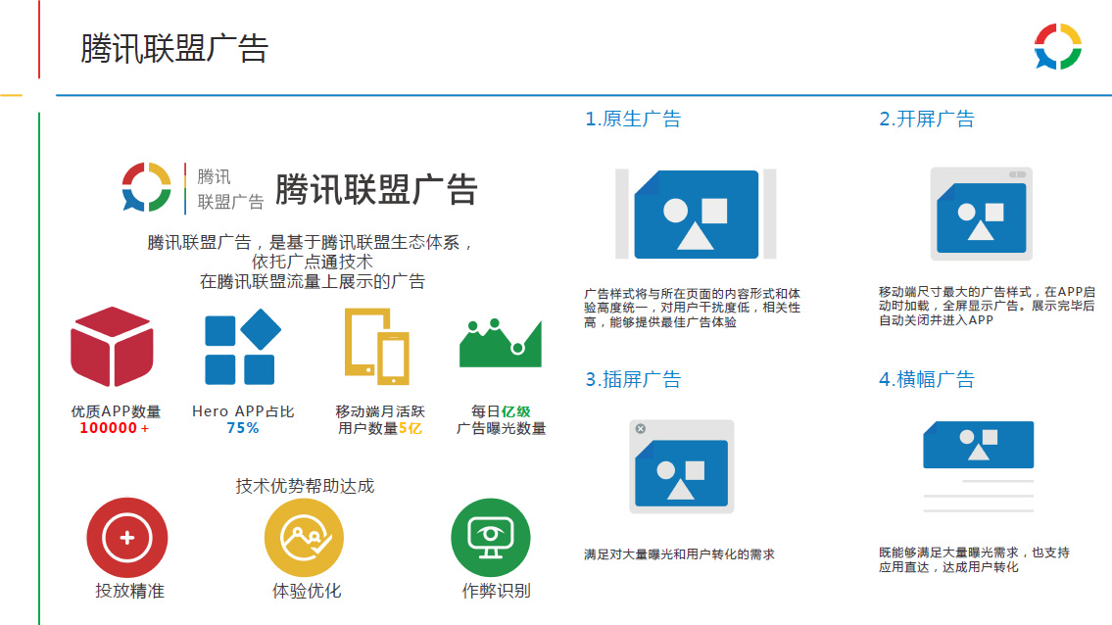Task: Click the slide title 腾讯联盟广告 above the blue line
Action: tap(174, 49)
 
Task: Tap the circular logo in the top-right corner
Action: tap(1057, 47)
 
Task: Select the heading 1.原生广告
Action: tap(633, 119)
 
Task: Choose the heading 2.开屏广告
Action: tap(927, 119)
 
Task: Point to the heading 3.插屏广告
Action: tap(633, 379)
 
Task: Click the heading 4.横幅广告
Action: tap(927, 379)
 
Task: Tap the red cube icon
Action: tap(112, 347)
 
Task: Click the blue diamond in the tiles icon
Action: tap(261, 329)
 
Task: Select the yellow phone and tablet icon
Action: tap(377, 346)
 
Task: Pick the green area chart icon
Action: tap(501, 344)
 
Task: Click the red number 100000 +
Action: tap(115, 428)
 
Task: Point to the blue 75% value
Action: tap(243, 428)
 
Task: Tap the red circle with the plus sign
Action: tap(127, 538)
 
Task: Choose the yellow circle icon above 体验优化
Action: tap(305, 538)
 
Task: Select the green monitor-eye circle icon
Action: tap(491, 538)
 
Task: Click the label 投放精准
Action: tap(129, 591)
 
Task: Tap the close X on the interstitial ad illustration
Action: tap(641, 428)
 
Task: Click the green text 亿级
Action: tap(516, 411)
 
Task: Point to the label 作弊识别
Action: tap(497, 591)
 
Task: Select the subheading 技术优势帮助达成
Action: tap(305, 486)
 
